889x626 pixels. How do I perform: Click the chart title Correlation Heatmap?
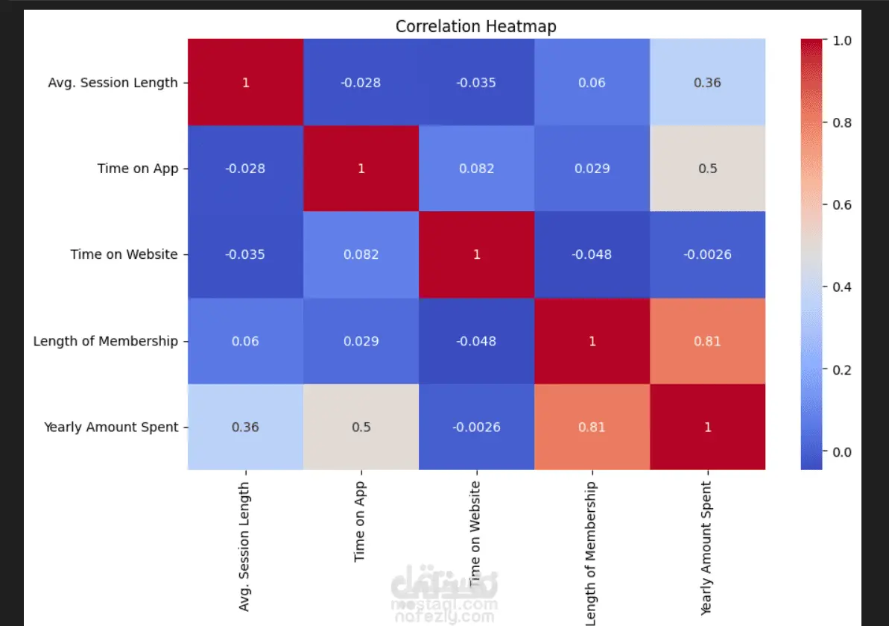(x=475, y=27)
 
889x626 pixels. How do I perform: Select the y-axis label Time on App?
(x=138, y=169)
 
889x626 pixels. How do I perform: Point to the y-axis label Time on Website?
(x=124, y=254)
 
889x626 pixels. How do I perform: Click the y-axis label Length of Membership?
(x=106, y=341)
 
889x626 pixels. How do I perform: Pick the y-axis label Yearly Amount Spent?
(x=111, y=427)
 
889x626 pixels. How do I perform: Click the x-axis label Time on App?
(x=361, y=521)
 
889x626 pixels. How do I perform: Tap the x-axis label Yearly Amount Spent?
(x=706, y=548)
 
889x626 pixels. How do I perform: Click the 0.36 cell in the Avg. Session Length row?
(x=707, y=82)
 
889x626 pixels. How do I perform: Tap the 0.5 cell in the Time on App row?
(x=707, y=169)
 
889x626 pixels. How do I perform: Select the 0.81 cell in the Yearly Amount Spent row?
(x=592, y=427)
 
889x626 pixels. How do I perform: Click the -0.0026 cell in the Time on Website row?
(x=707, y=254)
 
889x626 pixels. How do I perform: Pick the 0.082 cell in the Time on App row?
(x=476, y=169)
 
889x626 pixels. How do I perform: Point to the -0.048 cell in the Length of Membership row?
(x=476, y=341)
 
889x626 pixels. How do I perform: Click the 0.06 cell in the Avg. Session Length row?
(x=592, y=82)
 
